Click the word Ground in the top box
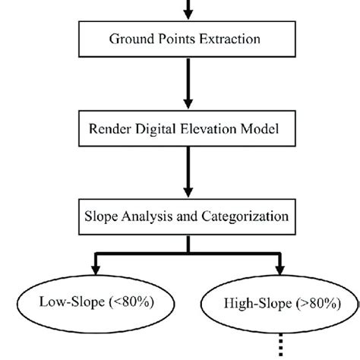point(131,38)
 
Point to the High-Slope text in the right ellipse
point(249,305)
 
